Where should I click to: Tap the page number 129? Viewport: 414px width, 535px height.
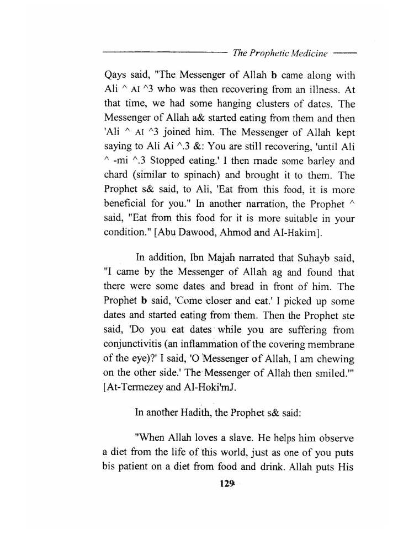[227, 484]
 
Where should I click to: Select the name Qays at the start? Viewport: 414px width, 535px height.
[116, 75]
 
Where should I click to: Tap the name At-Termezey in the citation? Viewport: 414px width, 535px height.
[136, 388]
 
